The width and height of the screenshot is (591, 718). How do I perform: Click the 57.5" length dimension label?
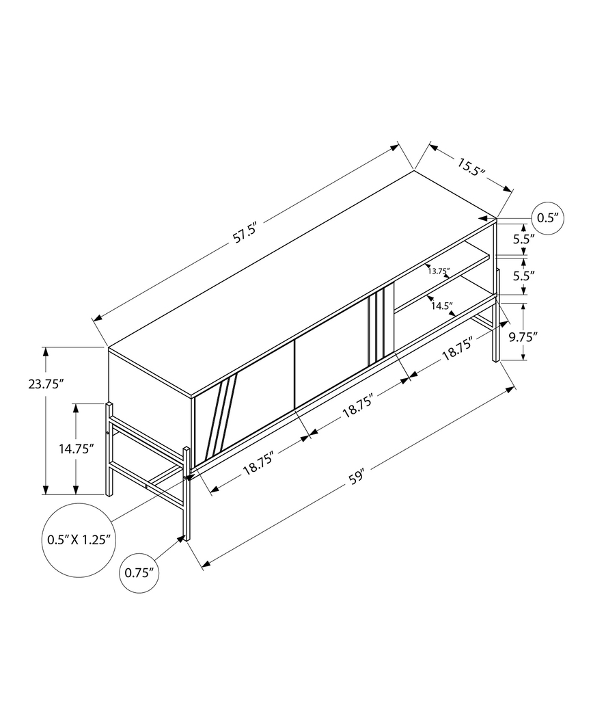pyautogui.click(x=244, y=234)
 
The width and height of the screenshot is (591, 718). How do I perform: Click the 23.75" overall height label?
pyautogui.click(x=46, y=384)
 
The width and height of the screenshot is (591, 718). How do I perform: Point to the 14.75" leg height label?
pyautogui.click(x=76, y=449)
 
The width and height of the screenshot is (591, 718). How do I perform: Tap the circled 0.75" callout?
pyautogui.click(x=141, y=572)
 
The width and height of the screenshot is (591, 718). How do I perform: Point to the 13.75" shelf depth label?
pyautogui.click(x=439, y=271)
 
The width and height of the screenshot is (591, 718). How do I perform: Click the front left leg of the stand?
pyautogui.click(x=185, y=492)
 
